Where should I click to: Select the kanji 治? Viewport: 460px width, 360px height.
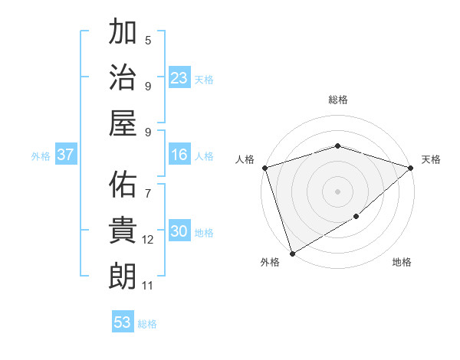tap(123, 77)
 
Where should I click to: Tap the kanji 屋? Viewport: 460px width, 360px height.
tap(123, 123)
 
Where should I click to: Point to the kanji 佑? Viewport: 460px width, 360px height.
tap(123, 185)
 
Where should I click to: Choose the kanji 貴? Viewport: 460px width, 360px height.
tap(123, 231)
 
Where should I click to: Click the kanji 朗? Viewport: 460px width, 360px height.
tap(123, 276)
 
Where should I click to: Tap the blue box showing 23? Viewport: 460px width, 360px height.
tap(179, 77)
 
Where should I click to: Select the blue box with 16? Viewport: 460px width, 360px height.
tap(179, 155)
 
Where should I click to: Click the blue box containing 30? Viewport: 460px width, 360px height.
tap(179, 231)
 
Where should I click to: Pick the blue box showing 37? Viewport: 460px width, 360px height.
tap(66, 155)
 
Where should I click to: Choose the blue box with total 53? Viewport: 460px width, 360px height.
tap(123, 322)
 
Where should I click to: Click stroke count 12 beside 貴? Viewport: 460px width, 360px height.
tap(148, 240)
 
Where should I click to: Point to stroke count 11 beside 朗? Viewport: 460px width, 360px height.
tap(148, 286)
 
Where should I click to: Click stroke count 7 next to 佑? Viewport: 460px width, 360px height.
tap(148, 186)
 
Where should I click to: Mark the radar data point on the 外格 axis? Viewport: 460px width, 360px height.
tap(292, 254)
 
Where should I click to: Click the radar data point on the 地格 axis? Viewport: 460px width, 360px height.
tap(356, 218)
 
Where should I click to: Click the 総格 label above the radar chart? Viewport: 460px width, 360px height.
tap(337, 100)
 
